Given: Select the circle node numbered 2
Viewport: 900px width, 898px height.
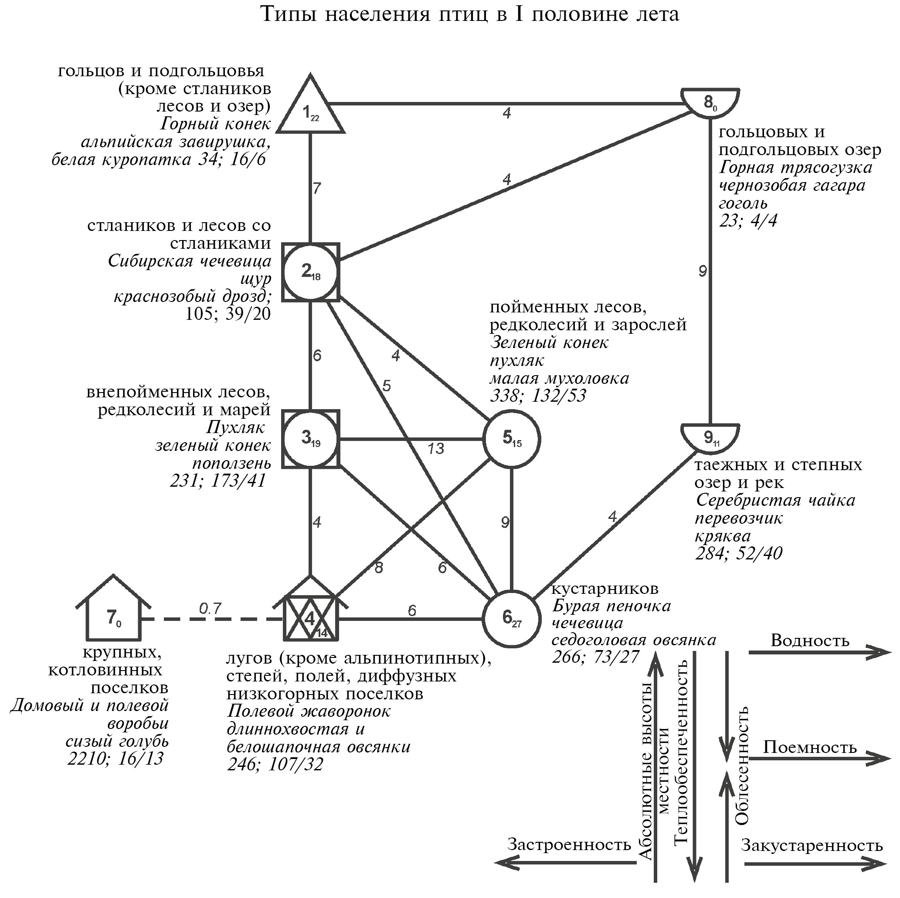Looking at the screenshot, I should [x=311, y=272].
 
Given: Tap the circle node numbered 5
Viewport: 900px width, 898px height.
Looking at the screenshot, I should [x=512, y=439].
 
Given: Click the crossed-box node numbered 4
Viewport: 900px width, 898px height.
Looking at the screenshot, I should [x=311, y=619].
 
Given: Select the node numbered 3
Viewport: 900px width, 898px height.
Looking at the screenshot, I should [x=311, y=439].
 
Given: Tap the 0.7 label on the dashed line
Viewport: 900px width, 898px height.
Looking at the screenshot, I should [x=210, y=608].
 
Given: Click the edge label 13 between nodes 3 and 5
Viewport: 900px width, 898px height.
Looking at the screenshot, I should [x=435, y=448].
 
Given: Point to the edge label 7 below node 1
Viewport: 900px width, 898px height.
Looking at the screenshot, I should [x=317, y=188].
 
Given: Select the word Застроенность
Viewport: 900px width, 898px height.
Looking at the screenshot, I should [x=569, y=844].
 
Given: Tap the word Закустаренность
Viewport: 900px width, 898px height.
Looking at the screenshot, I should [x=812, y=845].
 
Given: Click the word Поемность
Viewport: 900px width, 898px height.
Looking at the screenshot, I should [x=810, y=748].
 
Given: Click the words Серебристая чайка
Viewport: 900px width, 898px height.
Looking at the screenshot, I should [x=775, y=500].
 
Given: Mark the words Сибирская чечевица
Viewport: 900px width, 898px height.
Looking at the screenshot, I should [x=189, y=261].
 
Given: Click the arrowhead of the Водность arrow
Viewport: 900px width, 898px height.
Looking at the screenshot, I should [x=881, y=652].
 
